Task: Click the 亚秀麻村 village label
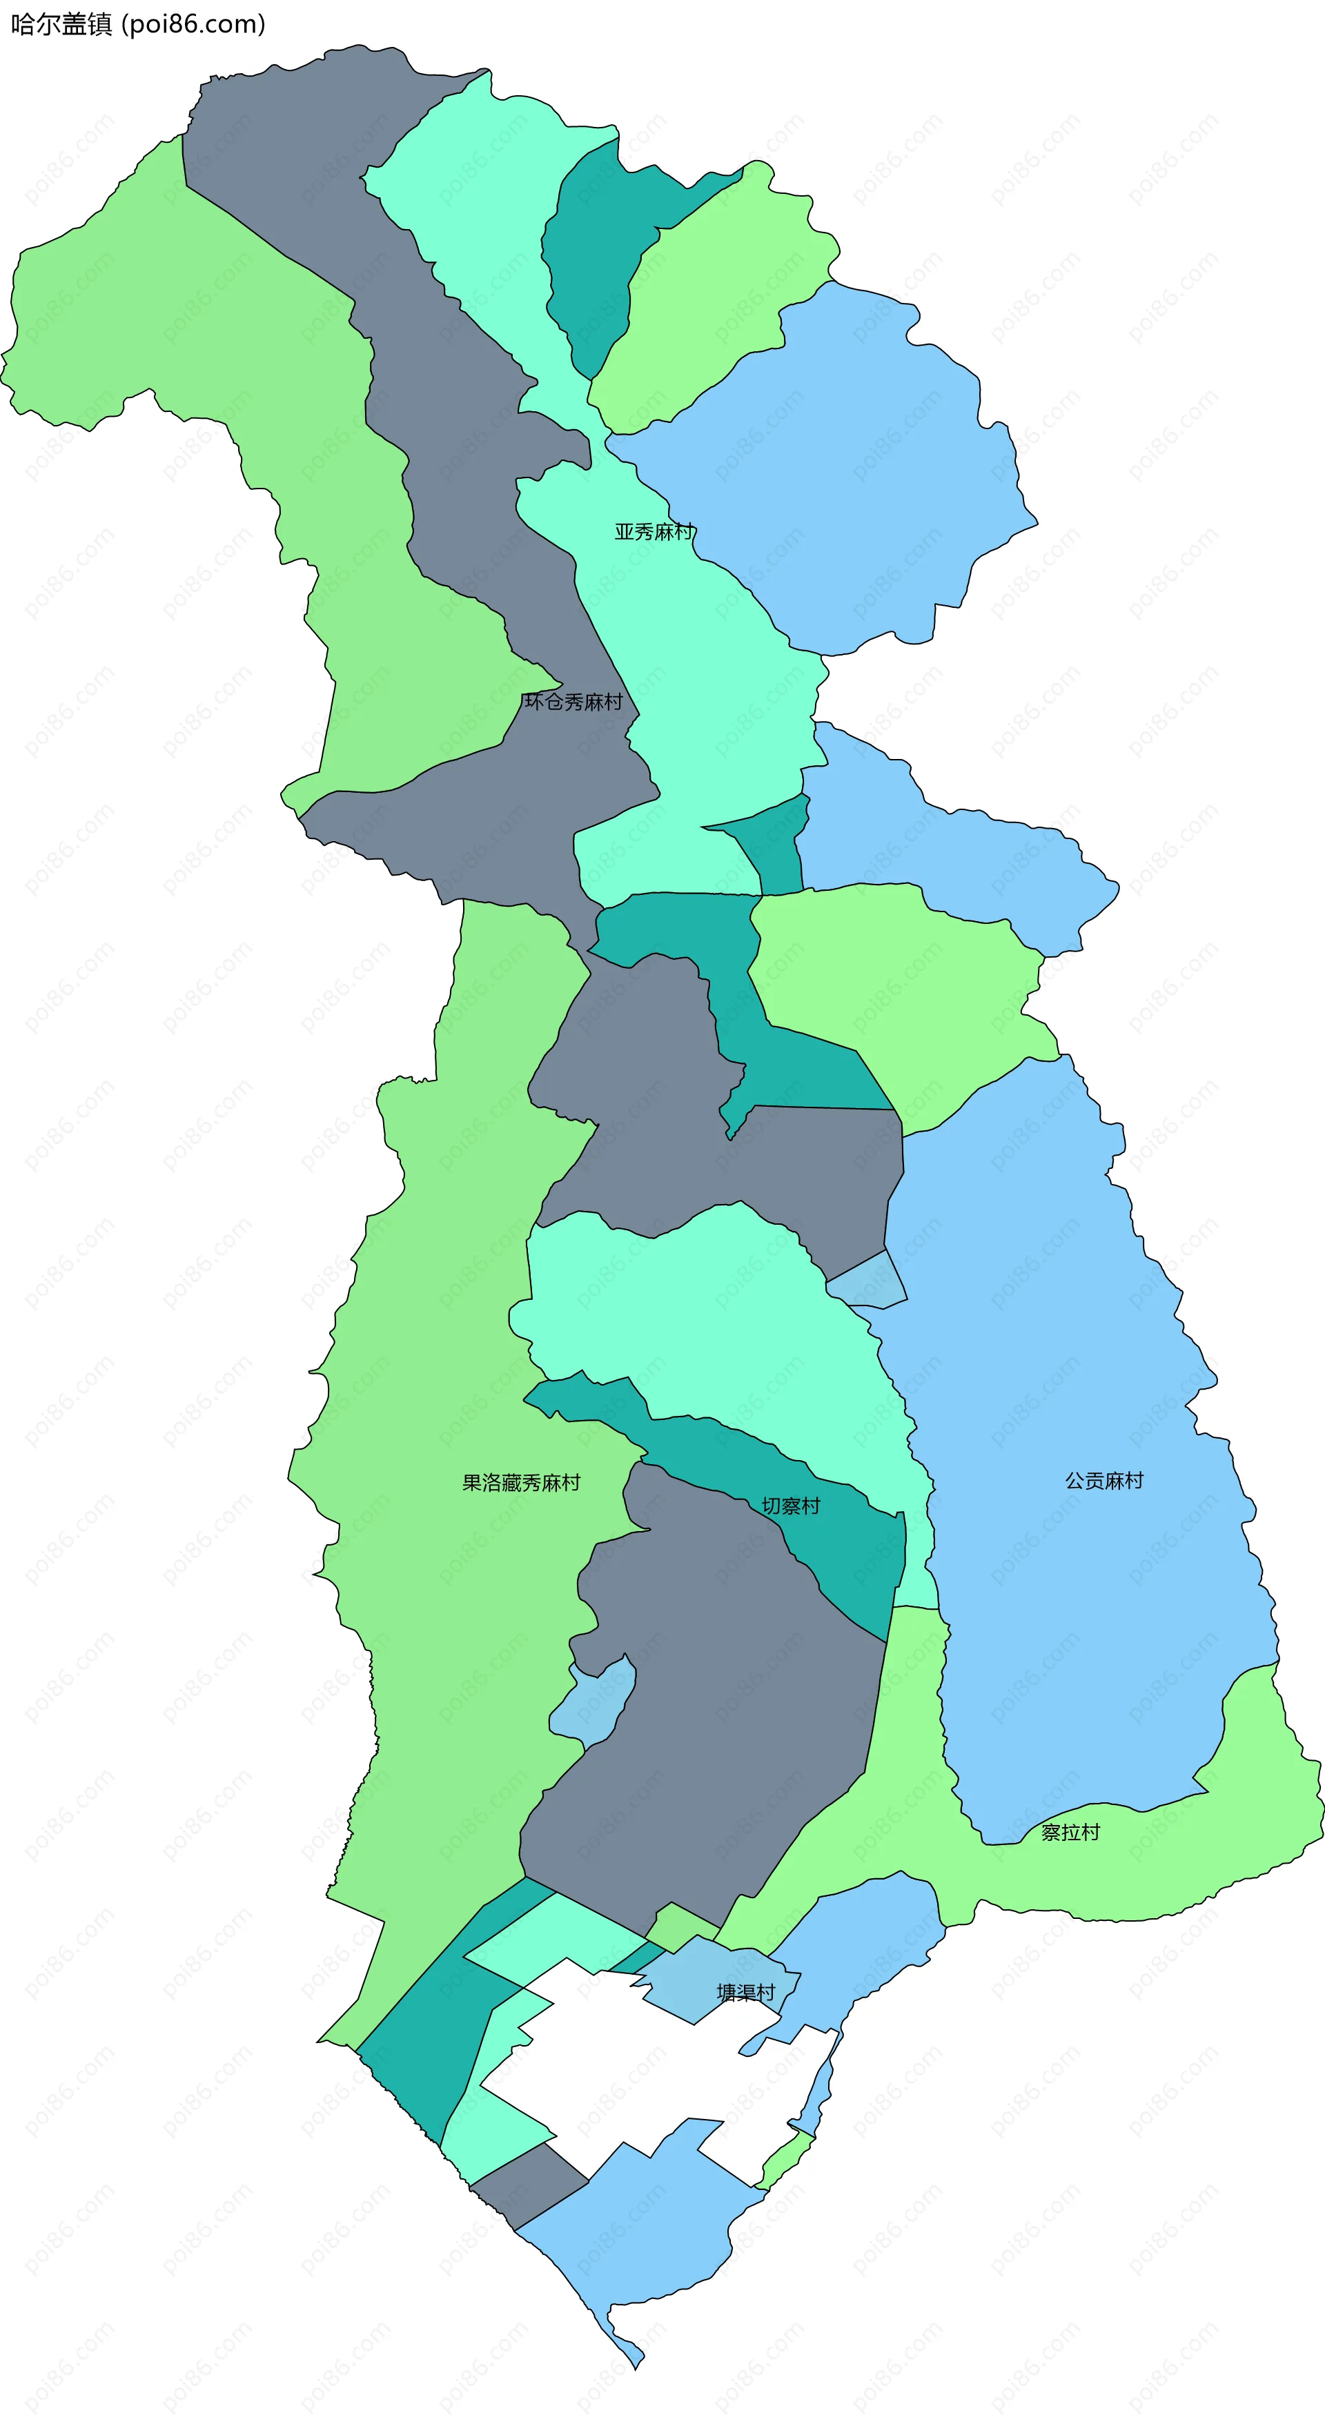tap(654, 531)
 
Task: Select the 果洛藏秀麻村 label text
tap(520, 1482)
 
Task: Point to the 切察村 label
tap(790, 1506)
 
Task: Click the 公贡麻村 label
tap(1103, 1480)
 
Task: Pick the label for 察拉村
tap(1070, 1832)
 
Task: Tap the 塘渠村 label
tap(745, 1992)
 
